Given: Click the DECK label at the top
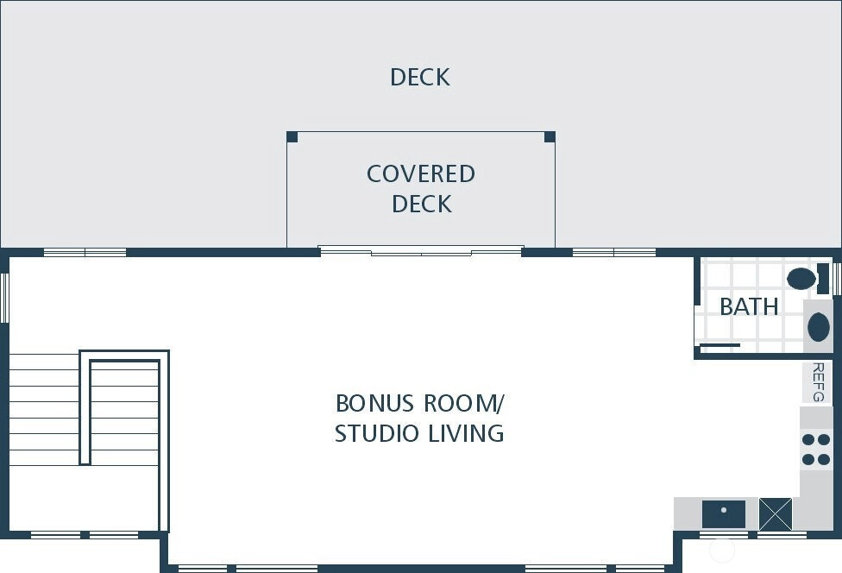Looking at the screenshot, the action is [x=420, y=77].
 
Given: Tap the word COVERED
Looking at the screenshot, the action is [x=421, y=174].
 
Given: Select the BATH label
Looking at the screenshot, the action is [x=749, y=306].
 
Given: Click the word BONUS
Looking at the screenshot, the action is [x=374, y=403].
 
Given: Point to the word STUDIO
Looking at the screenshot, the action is [x=376, y=433].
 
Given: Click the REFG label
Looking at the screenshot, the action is [x=818, y=381].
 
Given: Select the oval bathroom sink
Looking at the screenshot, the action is [x=819, y=327].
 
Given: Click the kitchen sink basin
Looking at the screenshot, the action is [x=724, y=514].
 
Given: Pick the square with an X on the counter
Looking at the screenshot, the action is [x=776, y=514].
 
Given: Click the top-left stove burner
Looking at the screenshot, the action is [x=808, y=440].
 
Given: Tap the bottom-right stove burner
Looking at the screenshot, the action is [x=824, y=459].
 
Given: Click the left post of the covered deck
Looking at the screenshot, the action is [x=292, y=136].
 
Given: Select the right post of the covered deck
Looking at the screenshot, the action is [x=550, y=136].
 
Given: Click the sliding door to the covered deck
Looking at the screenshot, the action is [x=421, y=250].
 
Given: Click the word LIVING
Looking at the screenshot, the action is [x=466, y=433].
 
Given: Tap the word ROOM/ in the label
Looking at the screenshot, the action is [x=464, y=403].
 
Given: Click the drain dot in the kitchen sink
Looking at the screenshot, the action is [x=724, y=510].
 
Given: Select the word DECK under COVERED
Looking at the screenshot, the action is [x=422, y=204].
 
